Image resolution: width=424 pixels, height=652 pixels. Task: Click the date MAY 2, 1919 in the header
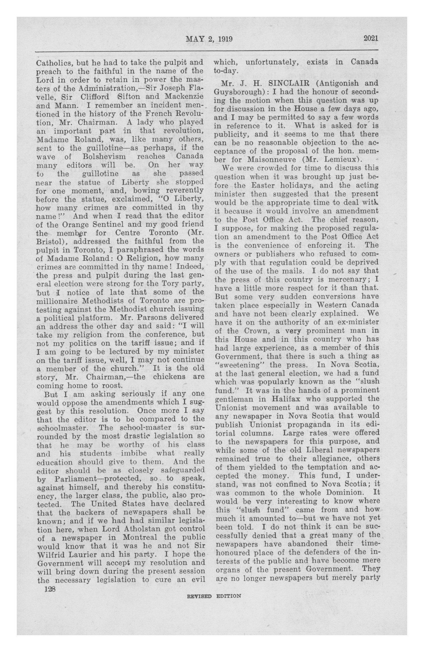[209, 39]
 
